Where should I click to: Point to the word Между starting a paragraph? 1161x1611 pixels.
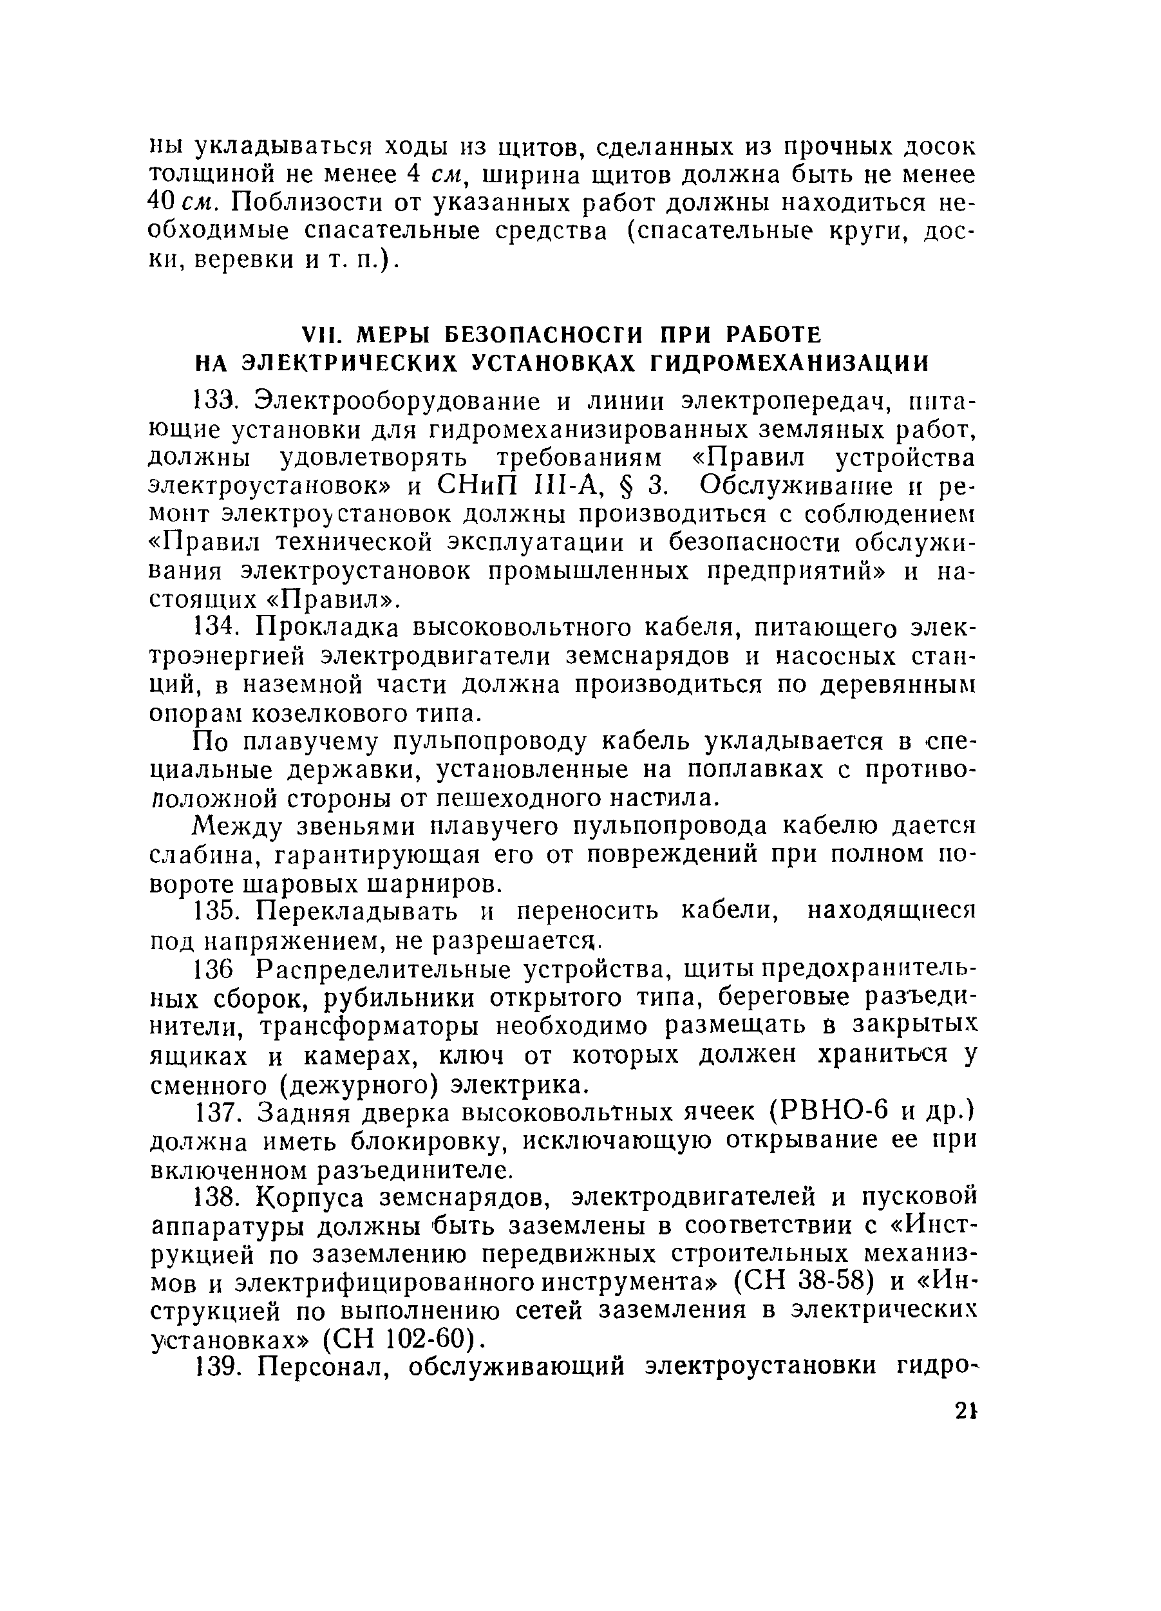click(236, 826)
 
